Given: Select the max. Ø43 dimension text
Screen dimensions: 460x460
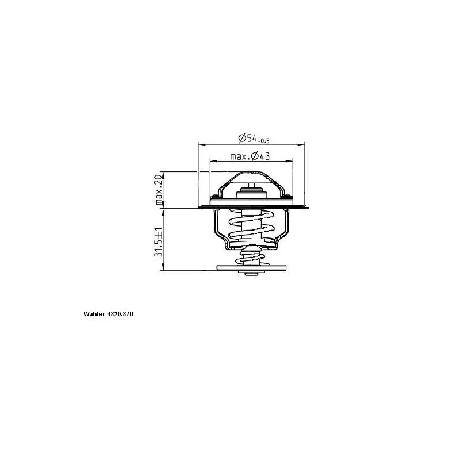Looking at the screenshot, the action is (x=250, y=156).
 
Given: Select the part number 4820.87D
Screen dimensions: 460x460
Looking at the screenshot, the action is (x=120, y=314).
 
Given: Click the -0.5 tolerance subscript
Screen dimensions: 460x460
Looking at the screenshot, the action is (x=264, y=141).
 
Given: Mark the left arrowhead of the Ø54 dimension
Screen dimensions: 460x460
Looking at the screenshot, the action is (x=201, y=145).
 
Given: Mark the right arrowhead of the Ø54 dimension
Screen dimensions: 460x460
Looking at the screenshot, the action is (x=301, y=145).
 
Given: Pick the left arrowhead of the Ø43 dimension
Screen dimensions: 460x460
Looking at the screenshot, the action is (x=213, y=161).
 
